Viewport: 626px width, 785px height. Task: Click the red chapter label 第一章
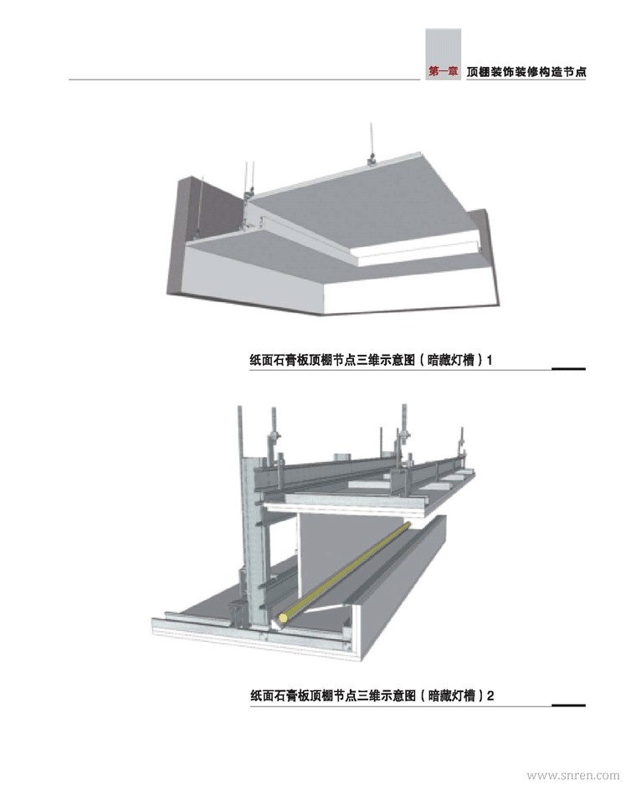coord(444,72)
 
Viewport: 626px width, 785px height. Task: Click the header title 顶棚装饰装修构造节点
coord(526,72)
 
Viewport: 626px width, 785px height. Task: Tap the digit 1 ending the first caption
coord(490,360)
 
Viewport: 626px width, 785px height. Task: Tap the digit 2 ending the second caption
coord(490,696)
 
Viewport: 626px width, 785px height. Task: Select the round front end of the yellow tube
coord(284,618)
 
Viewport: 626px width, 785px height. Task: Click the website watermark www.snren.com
coord(573,775)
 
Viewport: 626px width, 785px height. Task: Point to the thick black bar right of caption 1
coord(568,369)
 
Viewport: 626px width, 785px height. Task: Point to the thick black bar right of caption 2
coord(568,705)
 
